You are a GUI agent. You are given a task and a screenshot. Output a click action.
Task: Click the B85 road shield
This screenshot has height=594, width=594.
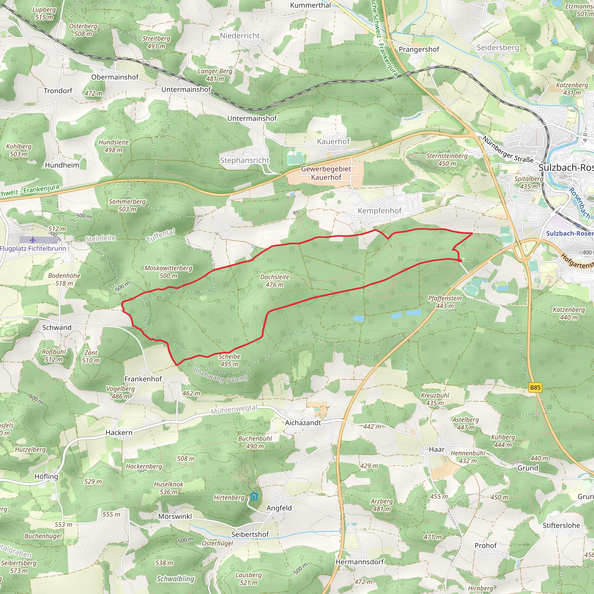[535, 387]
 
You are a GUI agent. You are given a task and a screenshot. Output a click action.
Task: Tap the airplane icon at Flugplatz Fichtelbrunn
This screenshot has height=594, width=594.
[33, 240]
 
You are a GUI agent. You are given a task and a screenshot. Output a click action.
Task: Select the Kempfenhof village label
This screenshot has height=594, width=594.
[379, 211]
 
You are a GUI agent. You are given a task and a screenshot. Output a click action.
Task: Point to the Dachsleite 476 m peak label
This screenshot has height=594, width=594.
[275, 281]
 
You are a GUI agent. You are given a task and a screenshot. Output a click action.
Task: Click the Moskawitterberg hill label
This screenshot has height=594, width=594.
[169, 272]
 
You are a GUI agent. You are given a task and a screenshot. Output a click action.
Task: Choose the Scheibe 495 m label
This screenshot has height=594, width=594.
[229, 360]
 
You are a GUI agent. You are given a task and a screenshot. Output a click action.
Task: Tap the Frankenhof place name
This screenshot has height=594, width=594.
[143, 379]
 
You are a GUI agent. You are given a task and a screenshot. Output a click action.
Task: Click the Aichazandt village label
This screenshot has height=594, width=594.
[303, 423]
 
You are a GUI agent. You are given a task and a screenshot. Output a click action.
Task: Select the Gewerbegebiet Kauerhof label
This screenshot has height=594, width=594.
[326, 173]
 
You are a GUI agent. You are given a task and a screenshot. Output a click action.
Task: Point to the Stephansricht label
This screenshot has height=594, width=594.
[245, 160]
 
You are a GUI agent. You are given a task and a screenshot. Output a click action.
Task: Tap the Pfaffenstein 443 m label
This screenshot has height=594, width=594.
[445, 302]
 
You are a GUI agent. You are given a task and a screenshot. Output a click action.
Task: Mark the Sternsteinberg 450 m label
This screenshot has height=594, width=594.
[447, 160]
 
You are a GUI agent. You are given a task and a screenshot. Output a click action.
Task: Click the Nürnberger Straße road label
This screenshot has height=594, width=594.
[508, 149]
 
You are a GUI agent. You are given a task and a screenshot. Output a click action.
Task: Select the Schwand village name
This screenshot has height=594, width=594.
[57, 327]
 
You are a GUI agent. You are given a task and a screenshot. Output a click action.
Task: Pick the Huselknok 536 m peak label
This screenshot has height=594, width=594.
[169, 488]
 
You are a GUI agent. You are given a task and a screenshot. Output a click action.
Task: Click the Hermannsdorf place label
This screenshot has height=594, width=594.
[359, 562]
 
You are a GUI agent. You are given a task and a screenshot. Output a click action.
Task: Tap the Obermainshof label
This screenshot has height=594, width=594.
[115, 77]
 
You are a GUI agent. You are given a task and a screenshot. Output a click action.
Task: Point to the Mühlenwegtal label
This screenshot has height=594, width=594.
[234, 410]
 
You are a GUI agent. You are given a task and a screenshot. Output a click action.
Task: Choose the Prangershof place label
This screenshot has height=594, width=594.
[419, 49]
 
